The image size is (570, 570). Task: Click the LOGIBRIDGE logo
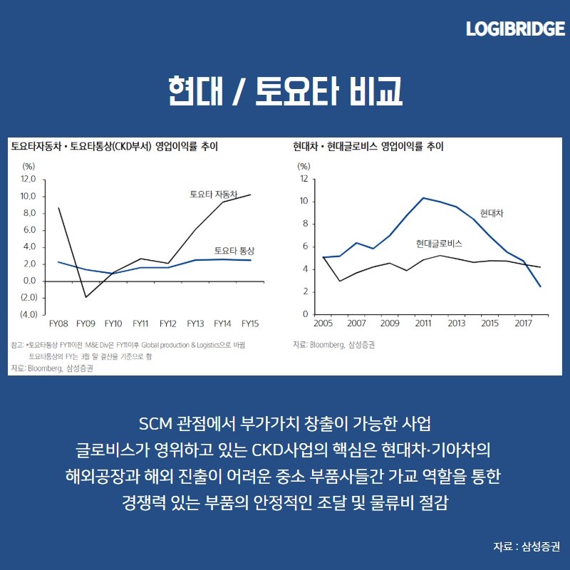(515, 29)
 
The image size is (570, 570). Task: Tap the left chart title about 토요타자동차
(114, 147)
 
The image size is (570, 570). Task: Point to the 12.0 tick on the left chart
(29, 179)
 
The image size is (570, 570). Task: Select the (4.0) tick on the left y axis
(29, 314)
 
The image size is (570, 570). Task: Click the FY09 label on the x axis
(85, 323)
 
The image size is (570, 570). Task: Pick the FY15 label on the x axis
(249, 323)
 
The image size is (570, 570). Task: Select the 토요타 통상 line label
(234, 251)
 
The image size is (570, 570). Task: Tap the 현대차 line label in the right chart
(492, 213)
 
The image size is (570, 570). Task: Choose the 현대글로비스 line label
(439, 244)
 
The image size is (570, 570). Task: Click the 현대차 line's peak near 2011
(424, 197)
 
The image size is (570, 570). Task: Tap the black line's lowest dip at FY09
(85, 297)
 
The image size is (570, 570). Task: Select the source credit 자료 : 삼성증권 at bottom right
(526, 546)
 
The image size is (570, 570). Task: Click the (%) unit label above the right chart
(304, 166)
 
